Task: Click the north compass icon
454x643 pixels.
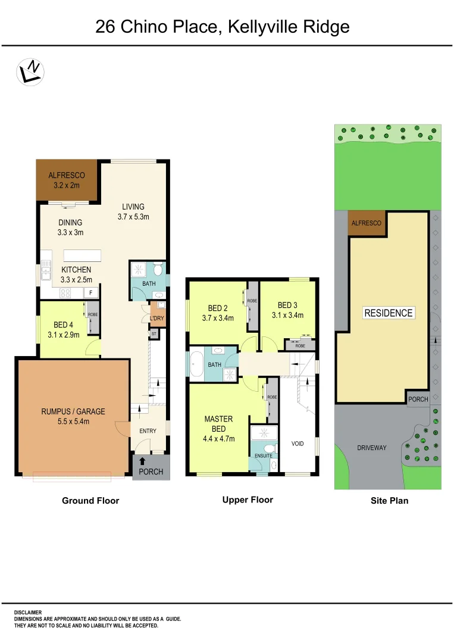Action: (x=30, y=71)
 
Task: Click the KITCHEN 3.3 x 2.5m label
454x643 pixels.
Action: (x=76, y=274)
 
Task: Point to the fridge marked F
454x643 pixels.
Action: (x=91, y=292)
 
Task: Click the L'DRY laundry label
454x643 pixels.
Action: (x=157, y=319)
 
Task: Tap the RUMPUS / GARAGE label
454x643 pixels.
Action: (x=73, y=416)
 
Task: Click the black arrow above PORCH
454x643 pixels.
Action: (x=142, y=460)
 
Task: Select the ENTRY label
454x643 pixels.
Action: (x=148, y=431)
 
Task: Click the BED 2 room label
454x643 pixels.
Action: (x=218, y=313)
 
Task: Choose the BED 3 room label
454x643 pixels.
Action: (x=287, y=310)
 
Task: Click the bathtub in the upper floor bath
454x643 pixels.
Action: (x=196, y=365)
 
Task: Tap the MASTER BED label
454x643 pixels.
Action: (x=218, y=429)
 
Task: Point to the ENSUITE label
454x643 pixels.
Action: (x=264, y=456)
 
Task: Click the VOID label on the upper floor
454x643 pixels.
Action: (x=298, y=444)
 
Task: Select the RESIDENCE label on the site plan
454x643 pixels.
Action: (x=389, y=313)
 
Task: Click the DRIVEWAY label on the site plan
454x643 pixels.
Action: (x=372, y=448)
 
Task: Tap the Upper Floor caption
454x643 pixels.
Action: (x=248, y=500)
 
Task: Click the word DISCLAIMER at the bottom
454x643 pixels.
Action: (x=28, y=612)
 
